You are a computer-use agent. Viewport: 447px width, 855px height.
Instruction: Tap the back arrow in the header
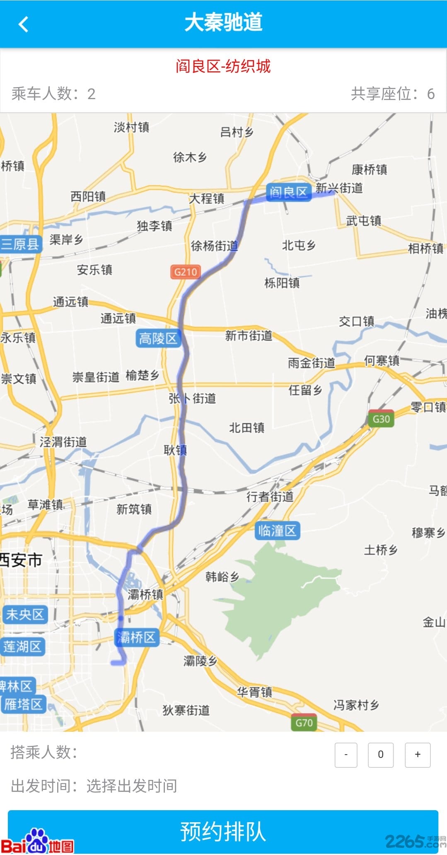click(24, 24)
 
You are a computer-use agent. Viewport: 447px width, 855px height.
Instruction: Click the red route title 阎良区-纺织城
click(223, 66)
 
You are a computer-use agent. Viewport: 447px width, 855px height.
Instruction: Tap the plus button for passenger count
click(417, 755)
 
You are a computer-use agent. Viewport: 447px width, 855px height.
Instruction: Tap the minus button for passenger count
click(346, 755)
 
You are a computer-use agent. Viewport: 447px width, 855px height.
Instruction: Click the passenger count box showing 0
click(381, 755)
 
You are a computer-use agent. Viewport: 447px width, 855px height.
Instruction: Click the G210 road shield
click(185, 272)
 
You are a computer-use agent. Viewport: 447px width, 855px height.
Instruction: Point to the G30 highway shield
click(381, 419)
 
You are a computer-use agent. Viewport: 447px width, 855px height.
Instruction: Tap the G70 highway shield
click(304, 723)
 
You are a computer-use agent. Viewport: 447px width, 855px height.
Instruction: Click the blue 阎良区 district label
click(288, 192)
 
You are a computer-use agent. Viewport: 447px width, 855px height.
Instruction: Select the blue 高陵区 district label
click(158, 339)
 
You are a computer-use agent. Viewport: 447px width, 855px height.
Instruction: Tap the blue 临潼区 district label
click(277, 531)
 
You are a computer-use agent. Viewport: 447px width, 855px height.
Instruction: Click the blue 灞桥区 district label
click(136, 637)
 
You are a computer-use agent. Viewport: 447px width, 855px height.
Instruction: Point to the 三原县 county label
click(20, 244)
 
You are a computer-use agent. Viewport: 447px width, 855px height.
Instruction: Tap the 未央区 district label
click(24, 614)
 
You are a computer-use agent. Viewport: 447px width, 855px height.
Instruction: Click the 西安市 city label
click(21, 560)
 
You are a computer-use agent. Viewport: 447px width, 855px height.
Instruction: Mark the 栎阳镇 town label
click(282, 283)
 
